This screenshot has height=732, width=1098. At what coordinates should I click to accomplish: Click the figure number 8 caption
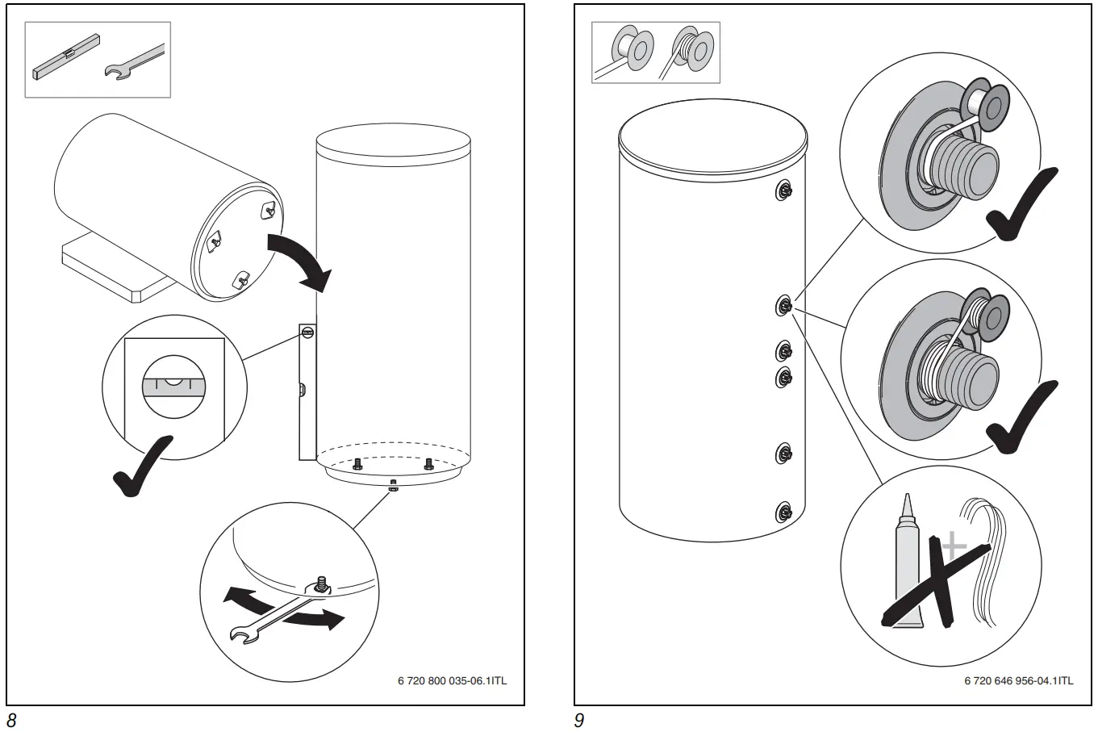[x=12, y=721]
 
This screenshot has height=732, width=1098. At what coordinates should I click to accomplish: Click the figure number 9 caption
[x=578, y=721]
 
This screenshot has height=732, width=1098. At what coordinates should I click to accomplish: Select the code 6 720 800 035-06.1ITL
[x=452, y=680]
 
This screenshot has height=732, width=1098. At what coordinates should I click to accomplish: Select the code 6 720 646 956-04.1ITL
[x=1018, y=680]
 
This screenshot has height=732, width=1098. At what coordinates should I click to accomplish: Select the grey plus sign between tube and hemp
[x=954, y=546]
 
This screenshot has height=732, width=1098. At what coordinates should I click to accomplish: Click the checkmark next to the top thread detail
[x=1020, y=206]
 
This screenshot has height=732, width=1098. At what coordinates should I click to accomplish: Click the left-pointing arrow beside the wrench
[x=246, y=600]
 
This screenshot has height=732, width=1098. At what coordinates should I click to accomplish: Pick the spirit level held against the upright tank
[x=307, y=391]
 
